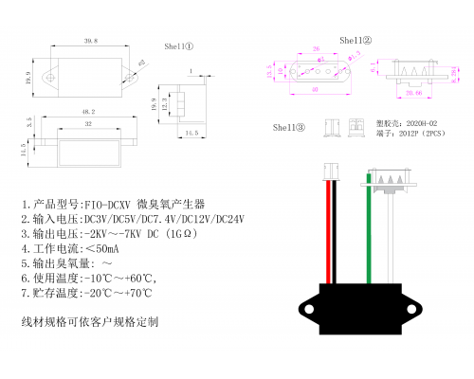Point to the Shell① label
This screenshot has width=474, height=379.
pyautogui.click(x=179, y=45)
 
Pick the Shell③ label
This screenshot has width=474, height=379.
pyautogui.click(x=289, y=126)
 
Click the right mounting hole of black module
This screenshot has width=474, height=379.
pyautogui.click(x=414, y=308)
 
